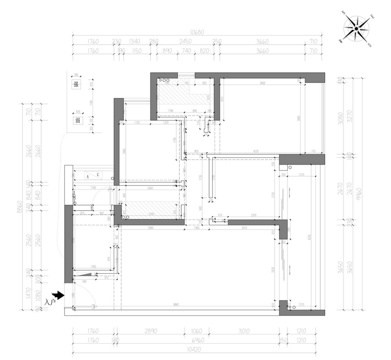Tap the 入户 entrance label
tap(50, 302)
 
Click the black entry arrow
tap(59, 295)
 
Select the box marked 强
tap(76, 85)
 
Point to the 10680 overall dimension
tap(197, 32)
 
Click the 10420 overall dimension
tap(194, 349)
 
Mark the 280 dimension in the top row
tap(154, 41)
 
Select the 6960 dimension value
tap(197, 340)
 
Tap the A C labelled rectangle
tap(93, 175)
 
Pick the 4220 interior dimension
tap(256, 152)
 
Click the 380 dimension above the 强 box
tap(75, 75)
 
